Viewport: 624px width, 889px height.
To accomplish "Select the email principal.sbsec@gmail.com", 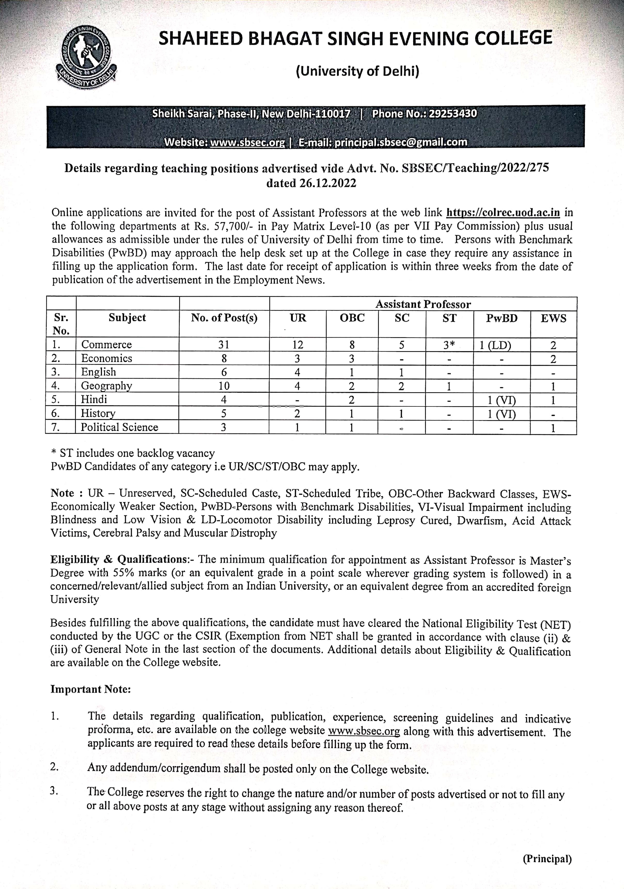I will point(401,143).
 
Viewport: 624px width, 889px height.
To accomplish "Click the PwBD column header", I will point(502,318).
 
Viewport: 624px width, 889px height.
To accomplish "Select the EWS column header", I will point(553,318).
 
